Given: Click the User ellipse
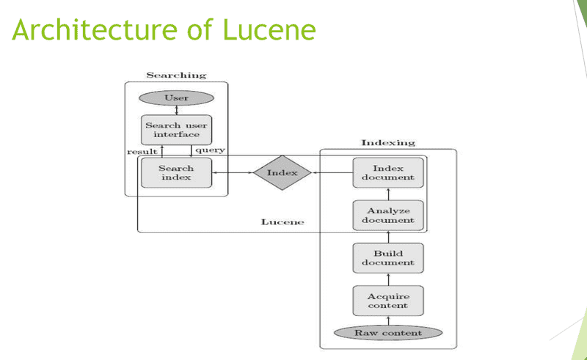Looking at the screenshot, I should (176, 98).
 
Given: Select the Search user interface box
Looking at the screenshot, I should (176, 130).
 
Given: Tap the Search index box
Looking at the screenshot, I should (176, 172).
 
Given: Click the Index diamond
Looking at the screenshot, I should (282, 173).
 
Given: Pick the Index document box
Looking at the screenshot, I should (388, 172).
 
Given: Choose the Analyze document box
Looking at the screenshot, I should (388, 215).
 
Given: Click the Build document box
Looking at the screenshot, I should (388, 257).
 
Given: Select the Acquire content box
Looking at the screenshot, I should (388, 301).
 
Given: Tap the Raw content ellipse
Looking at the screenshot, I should (388, 333).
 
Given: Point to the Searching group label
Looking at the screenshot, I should (176, 76).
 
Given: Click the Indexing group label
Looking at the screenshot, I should (388, 142).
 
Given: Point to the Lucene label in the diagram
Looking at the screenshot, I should (282, 221).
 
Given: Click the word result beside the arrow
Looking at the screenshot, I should (142, 151).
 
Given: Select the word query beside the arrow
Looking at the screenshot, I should (210, 150).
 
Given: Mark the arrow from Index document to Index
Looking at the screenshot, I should (332, 173).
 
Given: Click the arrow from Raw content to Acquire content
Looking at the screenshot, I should (388, 320).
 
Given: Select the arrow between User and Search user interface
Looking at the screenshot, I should (176, 111).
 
